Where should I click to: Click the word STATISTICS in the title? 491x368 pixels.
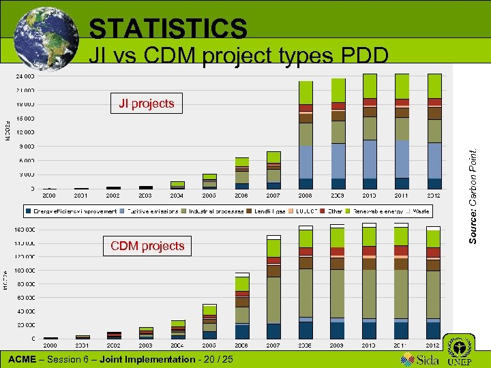tap(168, 29)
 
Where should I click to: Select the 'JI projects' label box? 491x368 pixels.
tap(146, 104)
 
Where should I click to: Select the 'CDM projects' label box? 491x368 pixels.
tap(147, 246)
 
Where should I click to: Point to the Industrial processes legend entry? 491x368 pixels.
tap(213, 212)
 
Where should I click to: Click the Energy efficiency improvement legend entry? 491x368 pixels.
tap(72, 212)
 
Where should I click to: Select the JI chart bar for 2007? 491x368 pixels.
tap(273, 170)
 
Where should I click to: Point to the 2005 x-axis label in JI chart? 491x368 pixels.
tap(209, 196)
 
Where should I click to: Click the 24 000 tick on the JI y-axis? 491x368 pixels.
tap(26, 76)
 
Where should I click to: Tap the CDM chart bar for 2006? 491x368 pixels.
tap(242, 307)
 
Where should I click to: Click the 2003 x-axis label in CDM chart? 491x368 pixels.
tap(146, 345)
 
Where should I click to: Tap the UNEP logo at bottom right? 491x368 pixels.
tap(458, 351)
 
